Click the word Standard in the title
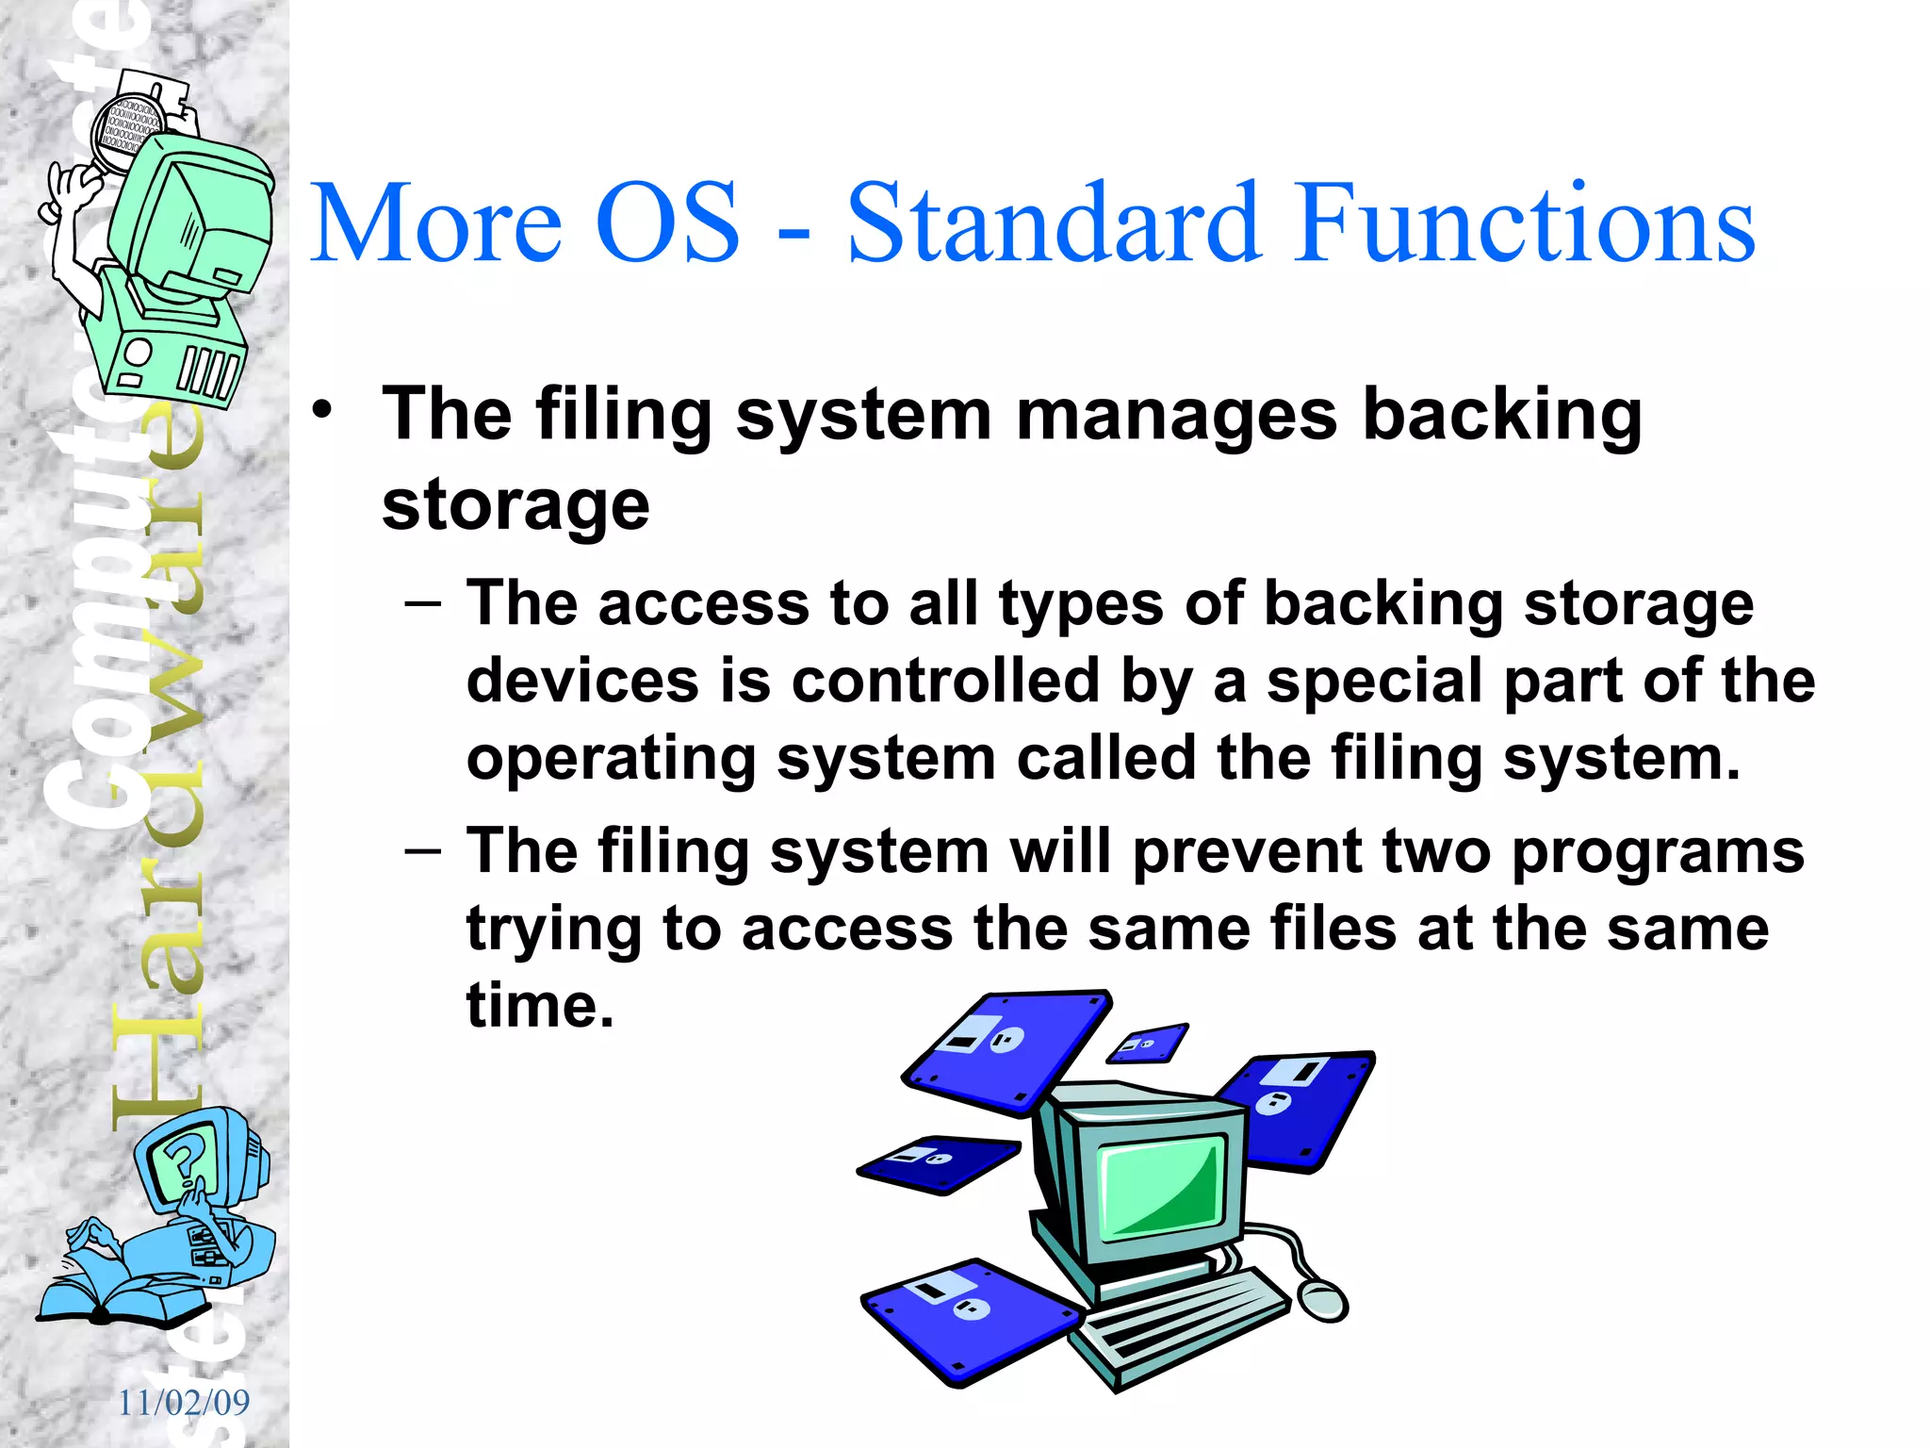(1054, 224)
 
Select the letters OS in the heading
(667, 224)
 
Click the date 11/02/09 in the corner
(184, 1403)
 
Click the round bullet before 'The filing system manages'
(323, 411)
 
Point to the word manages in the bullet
(1175, 415)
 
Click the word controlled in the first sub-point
(945, 681)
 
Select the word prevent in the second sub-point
(1248, 851)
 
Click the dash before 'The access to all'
(422, 603)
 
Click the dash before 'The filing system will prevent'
(422, 851)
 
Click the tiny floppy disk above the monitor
(1147, 1043)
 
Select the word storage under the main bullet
(515, 505)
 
